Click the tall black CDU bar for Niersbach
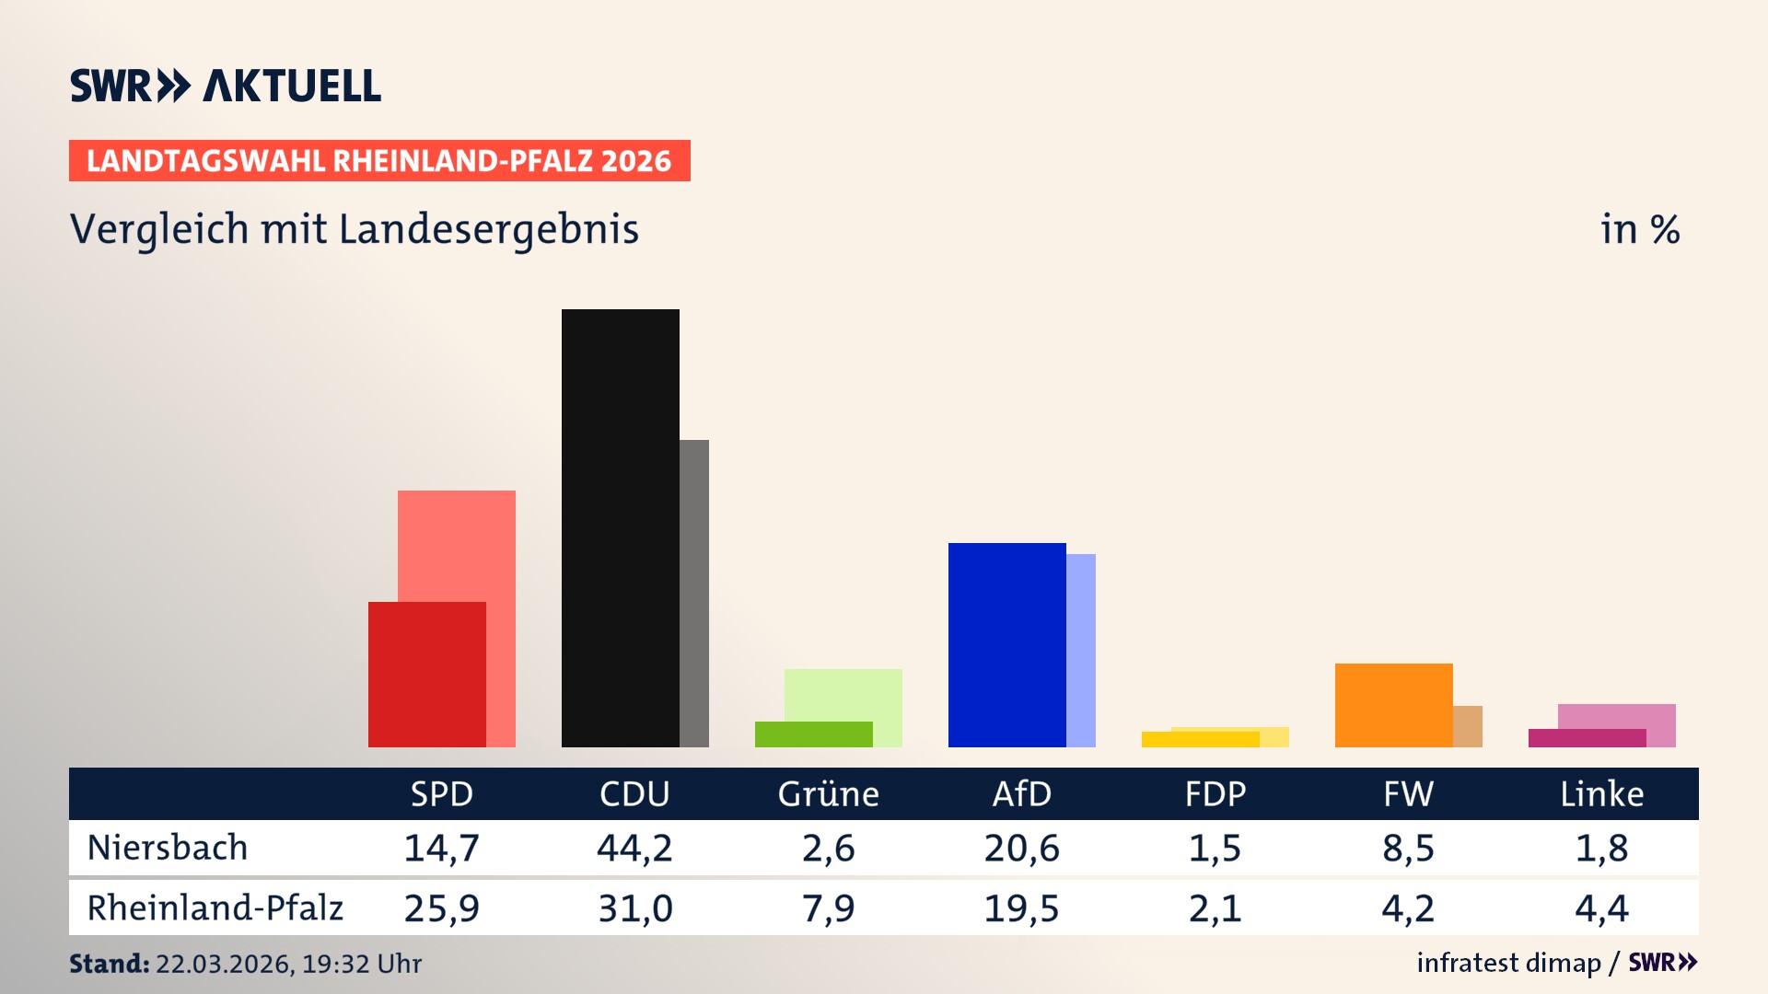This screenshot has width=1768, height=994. [x=620, y=527]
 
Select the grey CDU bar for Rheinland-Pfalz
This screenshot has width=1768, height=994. [x=694, y=593]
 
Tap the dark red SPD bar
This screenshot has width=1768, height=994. [x=426, y=674]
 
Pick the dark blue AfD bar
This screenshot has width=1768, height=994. [x=1006, y=644]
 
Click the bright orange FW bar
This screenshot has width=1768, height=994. [x=1393, y=704]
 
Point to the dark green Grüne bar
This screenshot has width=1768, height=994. [x=813, y=734]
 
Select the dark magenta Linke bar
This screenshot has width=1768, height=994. [x=1587, y=737]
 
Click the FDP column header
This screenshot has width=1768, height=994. [x=1215, y=793]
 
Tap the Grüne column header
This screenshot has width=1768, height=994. [x=828, y=793]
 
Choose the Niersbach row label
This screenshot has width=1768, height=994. [x=168, y=848]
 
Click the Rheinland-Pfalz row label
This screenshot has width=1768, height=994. [x=215, y=907]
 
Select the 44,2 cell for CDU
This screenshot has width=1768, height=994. [x=634, y=848]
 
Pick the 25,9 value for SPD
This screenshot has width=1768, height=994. [x=441, y=908]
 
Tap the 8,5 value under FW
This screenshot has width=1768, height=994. [x=1408, y=848]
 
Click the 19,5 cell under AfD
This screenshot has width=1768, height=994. [x=1021, y=908]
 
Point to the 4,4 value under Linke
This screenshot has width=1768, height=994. [x=1601, y=908]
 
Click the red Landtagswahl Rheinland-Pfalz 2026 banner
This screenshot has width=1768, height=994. [x=379, y=160]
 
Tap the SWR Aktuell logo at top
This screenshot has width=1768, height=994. [x=226, y=86]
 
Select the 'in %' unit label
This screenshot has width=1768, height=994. [x=1639, y=229]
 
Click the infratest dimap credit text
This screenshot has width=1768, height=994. [x=1508, y=963]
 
